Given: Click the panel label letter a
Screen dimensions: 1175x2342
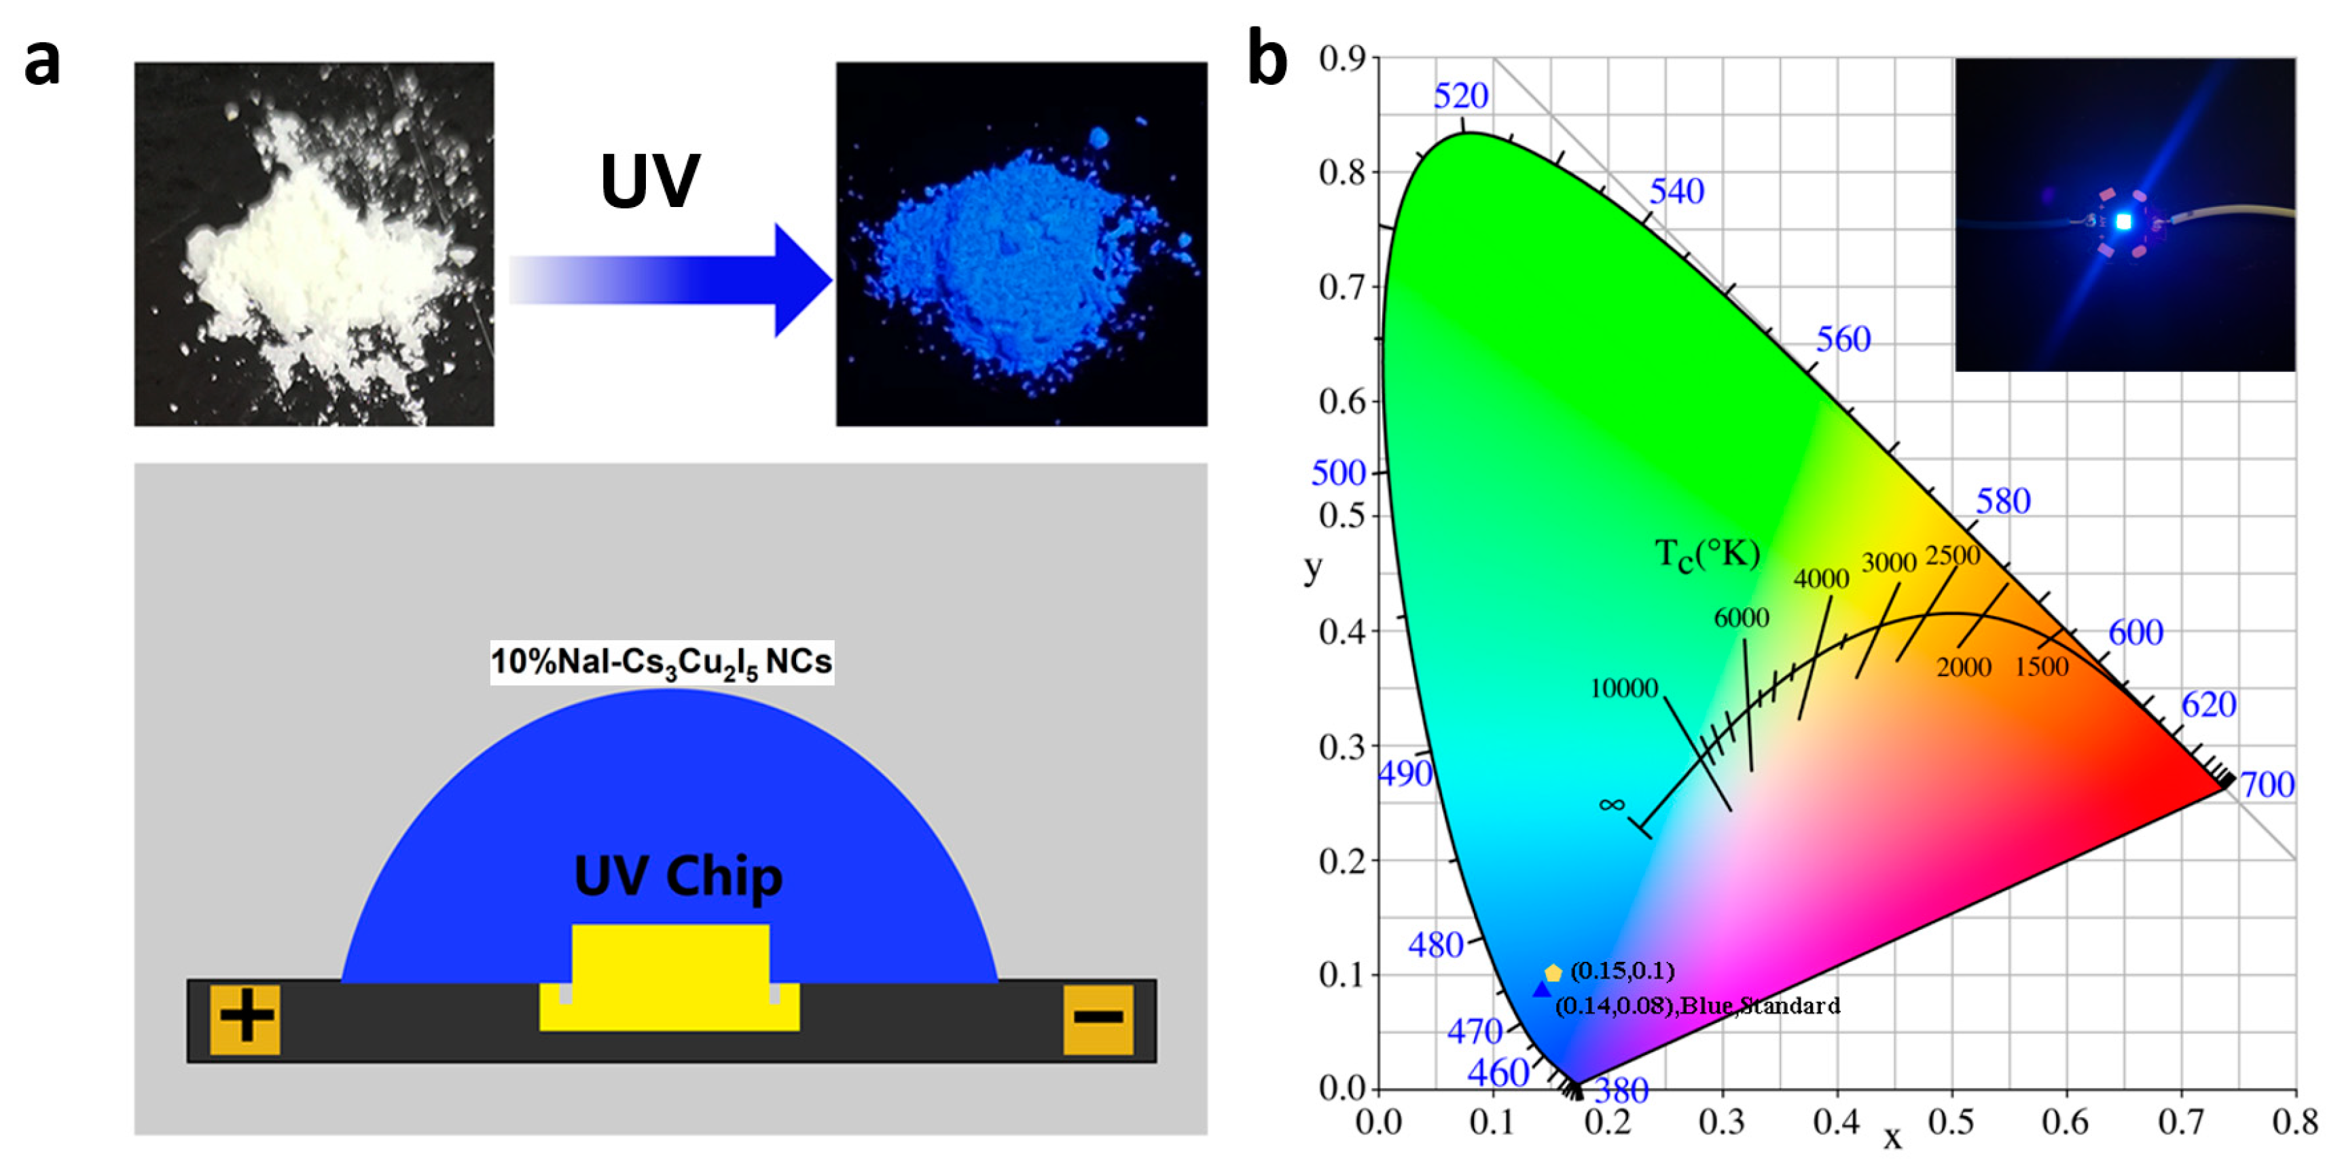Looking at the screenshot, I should (x=42, y=64).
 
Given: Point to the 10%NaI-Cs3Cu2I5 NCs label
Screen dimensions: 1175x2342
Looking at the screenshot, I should (x=661, y=662).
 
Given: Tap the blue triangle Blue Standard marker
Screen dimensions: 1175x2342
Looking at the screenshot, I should (x=1541, y=990).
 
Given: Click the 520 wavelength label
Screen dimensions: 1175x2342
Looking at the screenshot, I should (x=1460, y=96).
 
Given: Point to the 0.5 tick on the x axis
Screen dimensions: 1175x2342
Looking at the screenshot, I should (x=1950, y=1122).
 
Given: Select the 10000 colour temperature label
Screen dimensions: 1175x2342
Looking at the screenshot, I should (x=1624, y=688).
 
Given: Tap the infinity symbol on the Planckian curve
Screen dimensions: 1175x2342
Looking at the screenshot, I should (x=1611, y=804).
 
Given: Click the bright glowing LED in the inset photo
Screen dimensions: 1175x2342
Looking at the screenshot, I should (x=2123, y=221).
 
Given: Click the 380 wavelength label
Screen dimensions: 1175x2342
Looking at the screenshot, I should (x=1621, y=1090).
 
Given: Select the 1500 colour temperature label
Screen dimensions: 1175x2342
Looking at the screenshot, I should (x=2041, y=667).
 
